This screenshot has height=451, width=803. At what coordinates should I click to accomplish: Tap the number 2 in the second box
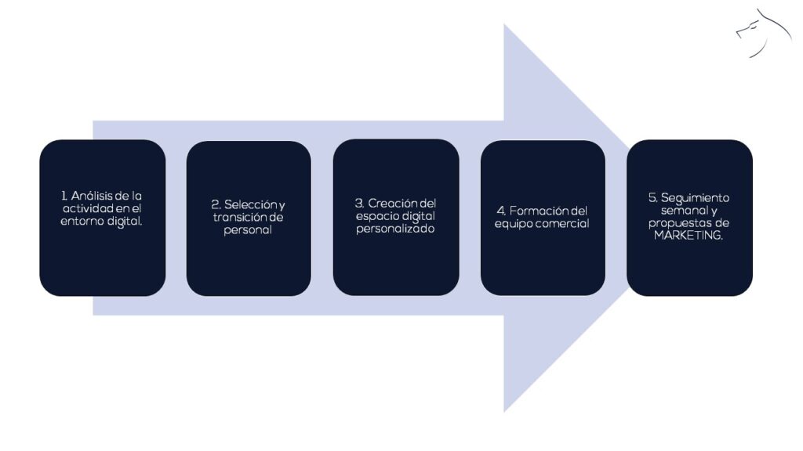point(214,205)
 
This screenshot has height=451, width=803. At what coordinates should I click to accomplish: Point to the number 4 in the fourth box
point(500,211)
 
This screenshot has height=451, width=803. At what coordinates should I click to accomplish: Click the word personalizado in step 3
point(395,229)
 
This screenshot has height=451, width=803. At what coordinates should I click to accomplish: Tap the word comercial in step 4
point(562,224)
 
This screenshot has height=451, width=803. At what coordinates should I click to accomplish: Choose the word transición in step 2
point(240,218)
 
